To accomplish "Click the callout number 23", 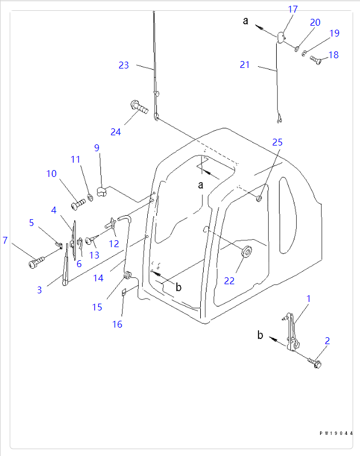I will coord(124,65).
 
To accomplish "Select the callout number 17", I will coord(293,9).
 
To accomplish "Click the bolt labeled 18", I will coord(317,60).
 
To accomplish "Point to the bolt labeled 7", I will coord(37,263).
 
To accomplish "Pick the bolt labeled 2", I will coord(314,362).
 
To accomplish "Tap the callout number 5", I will coord(31,223).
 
